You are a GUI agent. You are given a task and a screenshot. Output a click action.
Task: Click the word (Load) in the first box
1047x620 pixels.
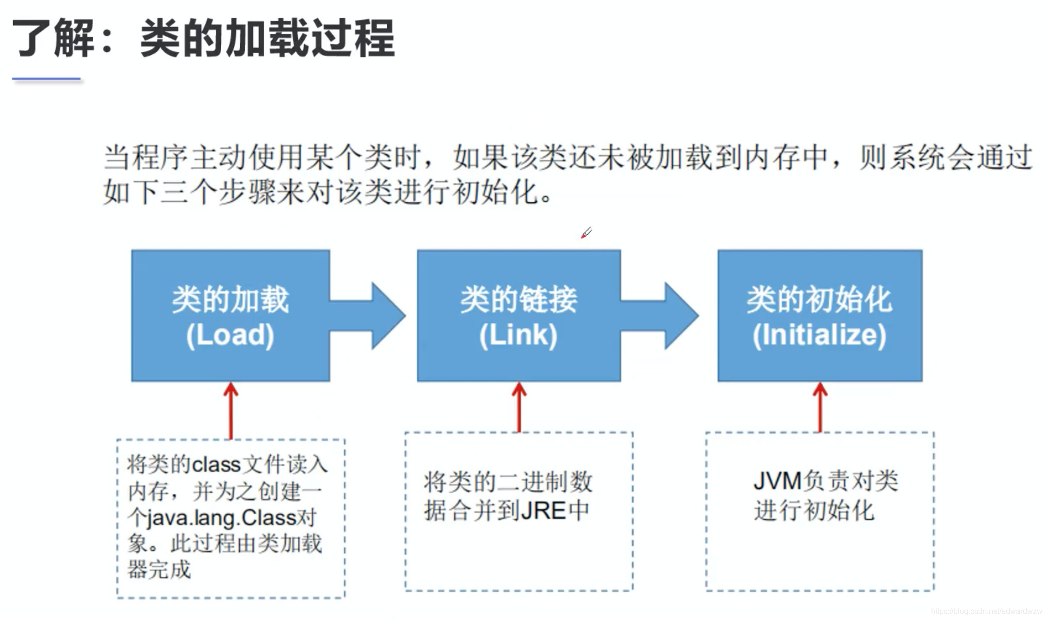230,335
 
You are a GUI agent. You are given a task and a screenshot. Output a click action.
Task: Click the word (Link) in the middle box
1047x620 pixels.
518,335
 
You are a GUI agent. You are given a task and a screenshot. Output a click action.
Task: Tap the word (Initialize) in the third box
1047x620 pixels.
819,335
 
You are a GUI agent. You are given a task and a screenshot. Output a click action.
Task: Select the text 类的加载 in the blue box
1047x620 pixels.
230,299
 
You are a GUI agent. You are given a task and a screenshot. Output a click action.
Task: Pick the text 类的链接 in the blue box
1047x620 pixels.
518,299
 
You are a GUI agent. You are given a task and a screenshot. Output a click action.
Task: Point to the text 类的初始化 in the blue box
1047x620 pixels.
819,299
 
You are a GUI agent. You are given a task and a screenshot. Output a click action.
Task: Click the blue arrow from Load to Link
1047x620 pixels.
374,316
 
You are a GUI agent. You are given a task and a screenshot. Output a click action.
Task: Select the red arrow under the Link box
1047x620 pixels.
519,408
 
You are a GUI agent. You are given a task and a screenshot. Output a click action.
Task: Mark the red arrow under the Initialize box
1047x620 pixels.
820,408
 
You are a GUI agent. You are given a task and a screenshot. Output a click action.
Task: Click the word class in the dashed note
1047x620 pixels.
216,465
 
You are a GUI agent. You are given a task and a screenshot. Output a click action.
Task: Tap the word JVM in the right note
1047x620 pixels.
777,481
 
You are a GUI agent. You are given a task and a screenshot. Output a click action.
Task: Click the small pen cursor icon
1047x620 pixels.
586,233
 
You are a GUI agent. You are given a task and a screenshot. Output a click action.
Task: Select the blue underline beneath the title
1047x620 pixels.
47,79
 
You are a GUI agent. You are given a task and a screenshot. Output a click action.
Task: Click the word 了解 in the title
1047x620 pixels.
53,38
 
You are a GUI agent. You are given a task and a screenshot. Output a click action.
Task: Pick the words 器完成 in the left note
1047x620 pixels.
159,570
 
